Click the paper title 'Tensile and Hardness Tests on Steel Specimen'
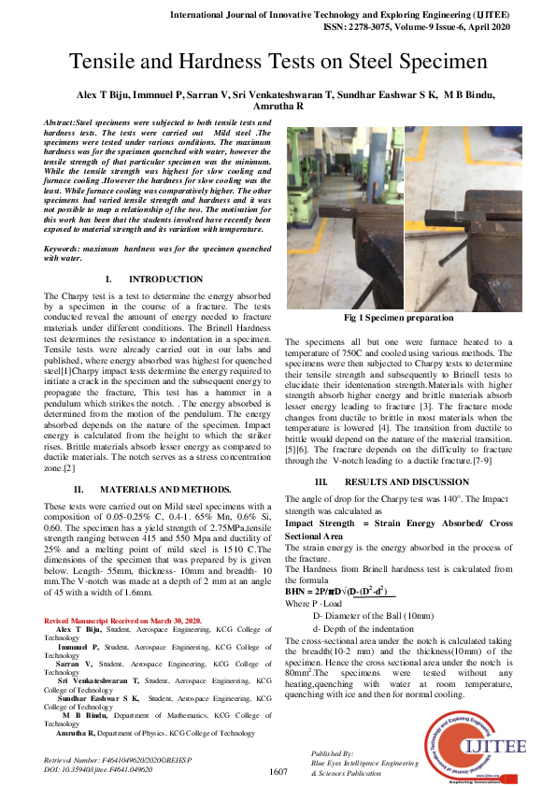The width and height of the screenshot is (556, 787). click(x=278, y=63)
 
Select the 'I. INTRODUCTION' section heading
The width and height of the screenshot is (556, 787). click(x=153, y=279)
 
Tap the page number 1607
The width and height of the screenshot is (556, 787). click(x=278, y=772)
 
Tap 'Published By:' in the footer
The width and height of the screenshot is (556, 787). click(x=332, y=752)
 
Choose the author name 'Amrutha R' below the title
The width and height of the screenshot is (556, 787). click(x=277, y=107)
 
